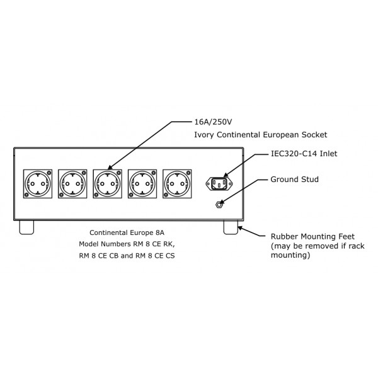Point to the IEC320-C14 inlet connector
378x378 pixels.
point(220,183)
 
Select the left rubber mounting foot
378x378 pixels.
point(28,226)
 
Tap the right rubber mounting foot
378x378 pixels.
point(231,226)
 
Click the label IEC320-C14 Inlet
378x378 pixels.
point(299,154)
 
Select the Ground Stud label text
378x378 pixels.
point(294,180)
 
